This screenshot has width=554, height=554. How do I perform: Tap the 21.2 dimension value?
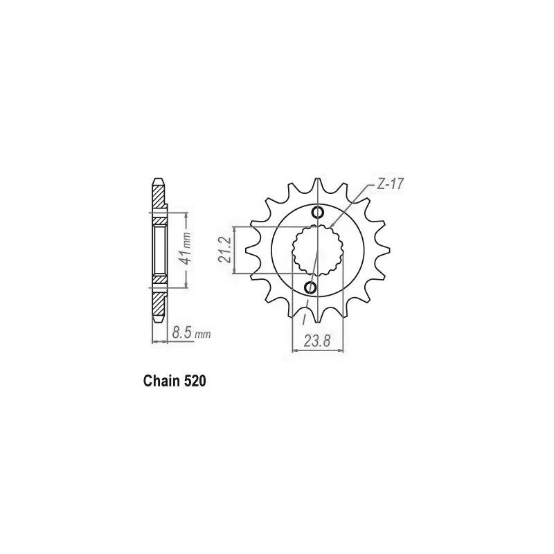[224, 250]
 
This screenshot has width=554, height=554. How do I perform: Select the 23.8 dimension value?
[317, 341]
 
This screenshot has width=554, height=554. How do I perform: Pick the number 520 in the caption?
[195, 382]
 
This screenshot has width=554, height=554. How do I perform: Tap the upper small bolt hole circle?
[318, 213]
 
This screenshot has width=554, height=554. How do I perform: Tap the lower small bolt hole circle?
[310, 287]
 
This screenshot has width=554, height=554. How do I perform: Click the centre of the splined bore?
[317, 251]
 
